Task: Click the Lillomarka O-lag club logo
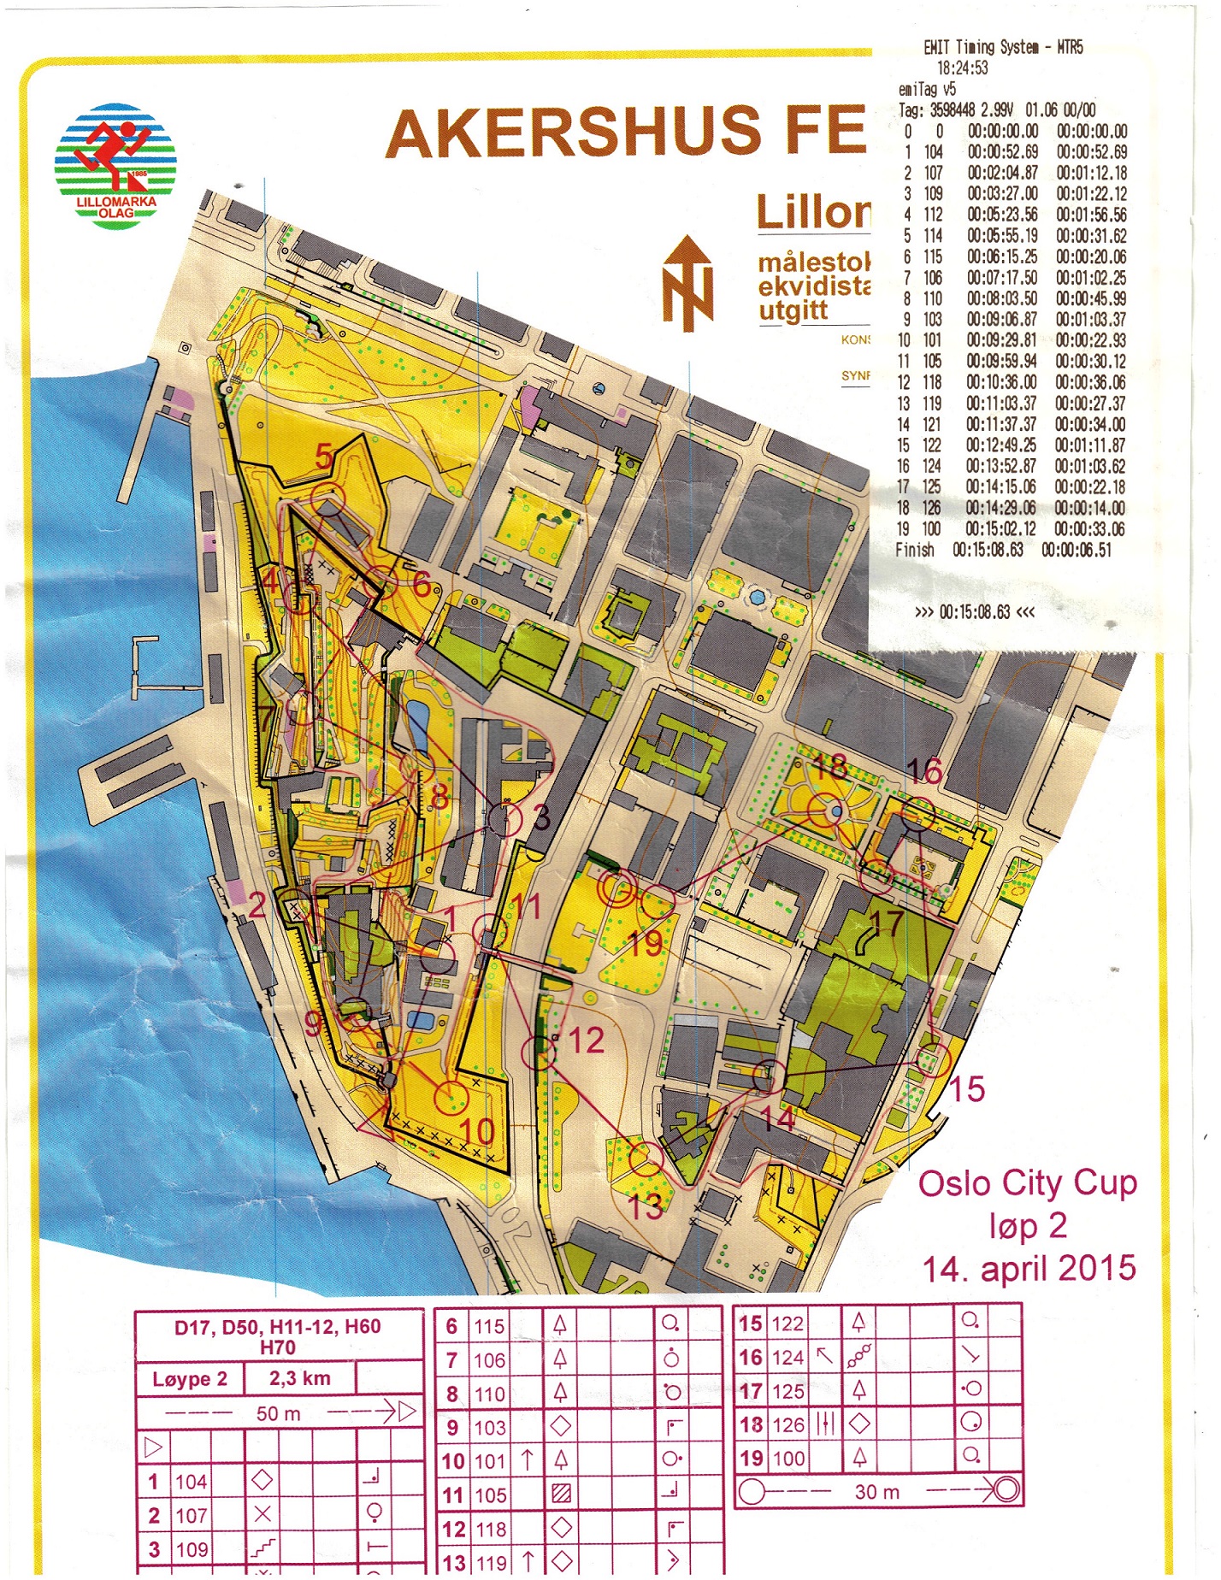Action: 115,167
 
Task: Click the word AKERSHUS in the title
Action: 573,132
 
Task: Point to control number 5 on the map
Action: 324,457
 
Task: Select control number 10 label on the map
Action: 477,1131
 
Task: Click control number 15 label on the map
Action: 967,1089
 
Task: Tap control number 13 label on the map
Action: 646,1206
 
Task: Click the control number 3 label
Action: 541,817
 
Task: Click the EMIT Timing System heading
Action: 1003,48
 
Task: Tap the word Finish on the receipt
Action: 914,551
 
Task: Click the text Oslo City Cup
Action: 1027,1184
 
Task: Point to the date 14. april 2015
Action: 1029,1268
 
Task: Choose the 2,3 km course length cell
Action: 299,1378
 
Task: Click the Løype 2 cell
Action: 190,1379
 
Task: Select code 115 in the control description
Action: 490,1327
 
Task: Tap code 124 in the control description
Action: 787,1358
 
